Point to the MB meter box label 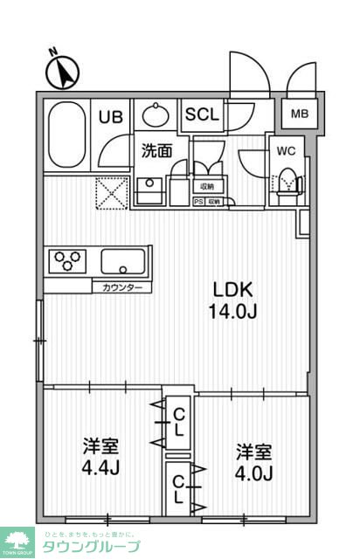pos(300,114)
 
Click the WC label pos(287,150)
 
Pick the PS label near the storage pos(197,202)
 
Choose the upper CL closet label pos(178,422)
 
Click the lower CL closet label pos(178,490)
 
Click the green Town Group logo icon pos(16,542)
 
